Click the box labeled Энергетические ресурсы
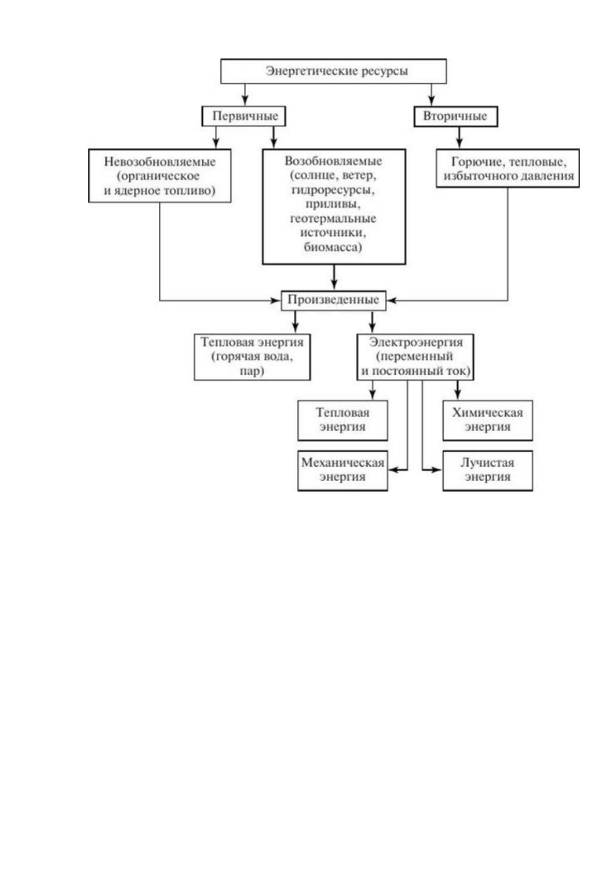point(333,71)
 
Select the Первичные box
point(244,116)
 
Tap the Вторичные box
point(455,116)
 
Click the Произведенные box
point(334,300)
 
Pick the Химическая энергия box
point(488,420)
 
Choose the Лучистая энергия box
point(488,470)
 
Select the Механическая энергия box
point(342,470)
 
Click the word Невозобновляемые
point(159,162)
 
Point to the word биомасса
point(333,247)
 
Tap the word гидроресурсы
point(333,190)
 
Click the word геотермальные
point(333,219)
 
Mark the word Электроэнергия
point(416,342)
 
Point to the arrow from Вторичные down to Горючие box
point(459,137)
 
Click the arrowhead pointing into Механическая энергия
point(393,470)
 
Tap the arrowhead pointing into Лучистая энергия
point(437,470)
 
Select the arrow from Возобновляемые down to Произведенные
point(334,277)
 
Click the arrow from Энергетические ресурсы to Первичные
point(244,95)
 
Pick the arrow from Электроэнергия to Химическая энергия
point(457,390)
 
